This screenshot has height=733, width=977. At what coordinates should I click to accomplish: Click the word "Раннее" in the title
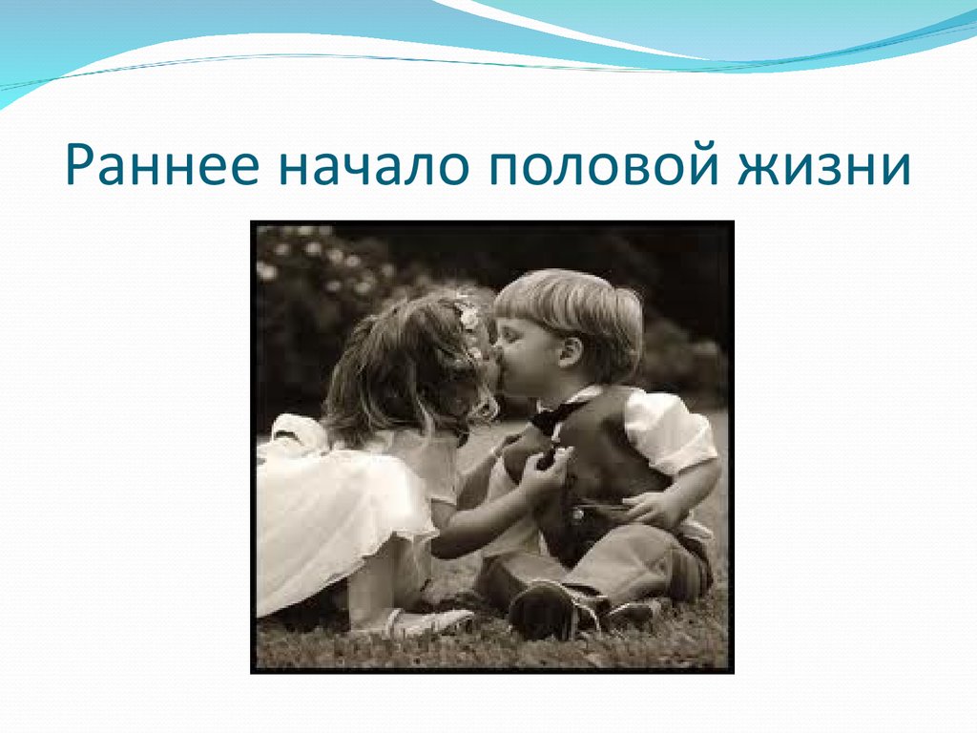pos(161,164)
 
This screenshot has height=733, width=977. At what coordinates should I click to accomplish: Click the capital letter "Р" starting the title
pos(81,166)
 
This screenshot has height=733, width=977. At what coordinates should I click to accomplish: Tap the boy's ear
pos(570,353)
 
